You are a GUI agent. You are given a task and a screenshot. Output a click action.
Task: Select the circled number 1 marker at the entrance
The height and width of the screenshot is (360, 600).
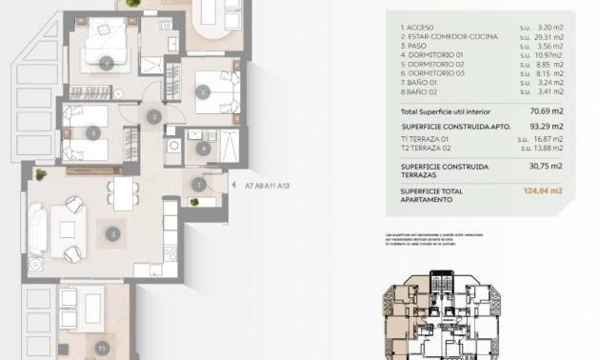pyautogui.click(x=198, y=185)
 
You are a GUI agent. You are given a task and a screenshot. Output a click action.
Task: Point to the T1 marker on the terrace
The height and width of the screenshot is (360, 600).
pyautogui.click(x=100, y=349)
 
